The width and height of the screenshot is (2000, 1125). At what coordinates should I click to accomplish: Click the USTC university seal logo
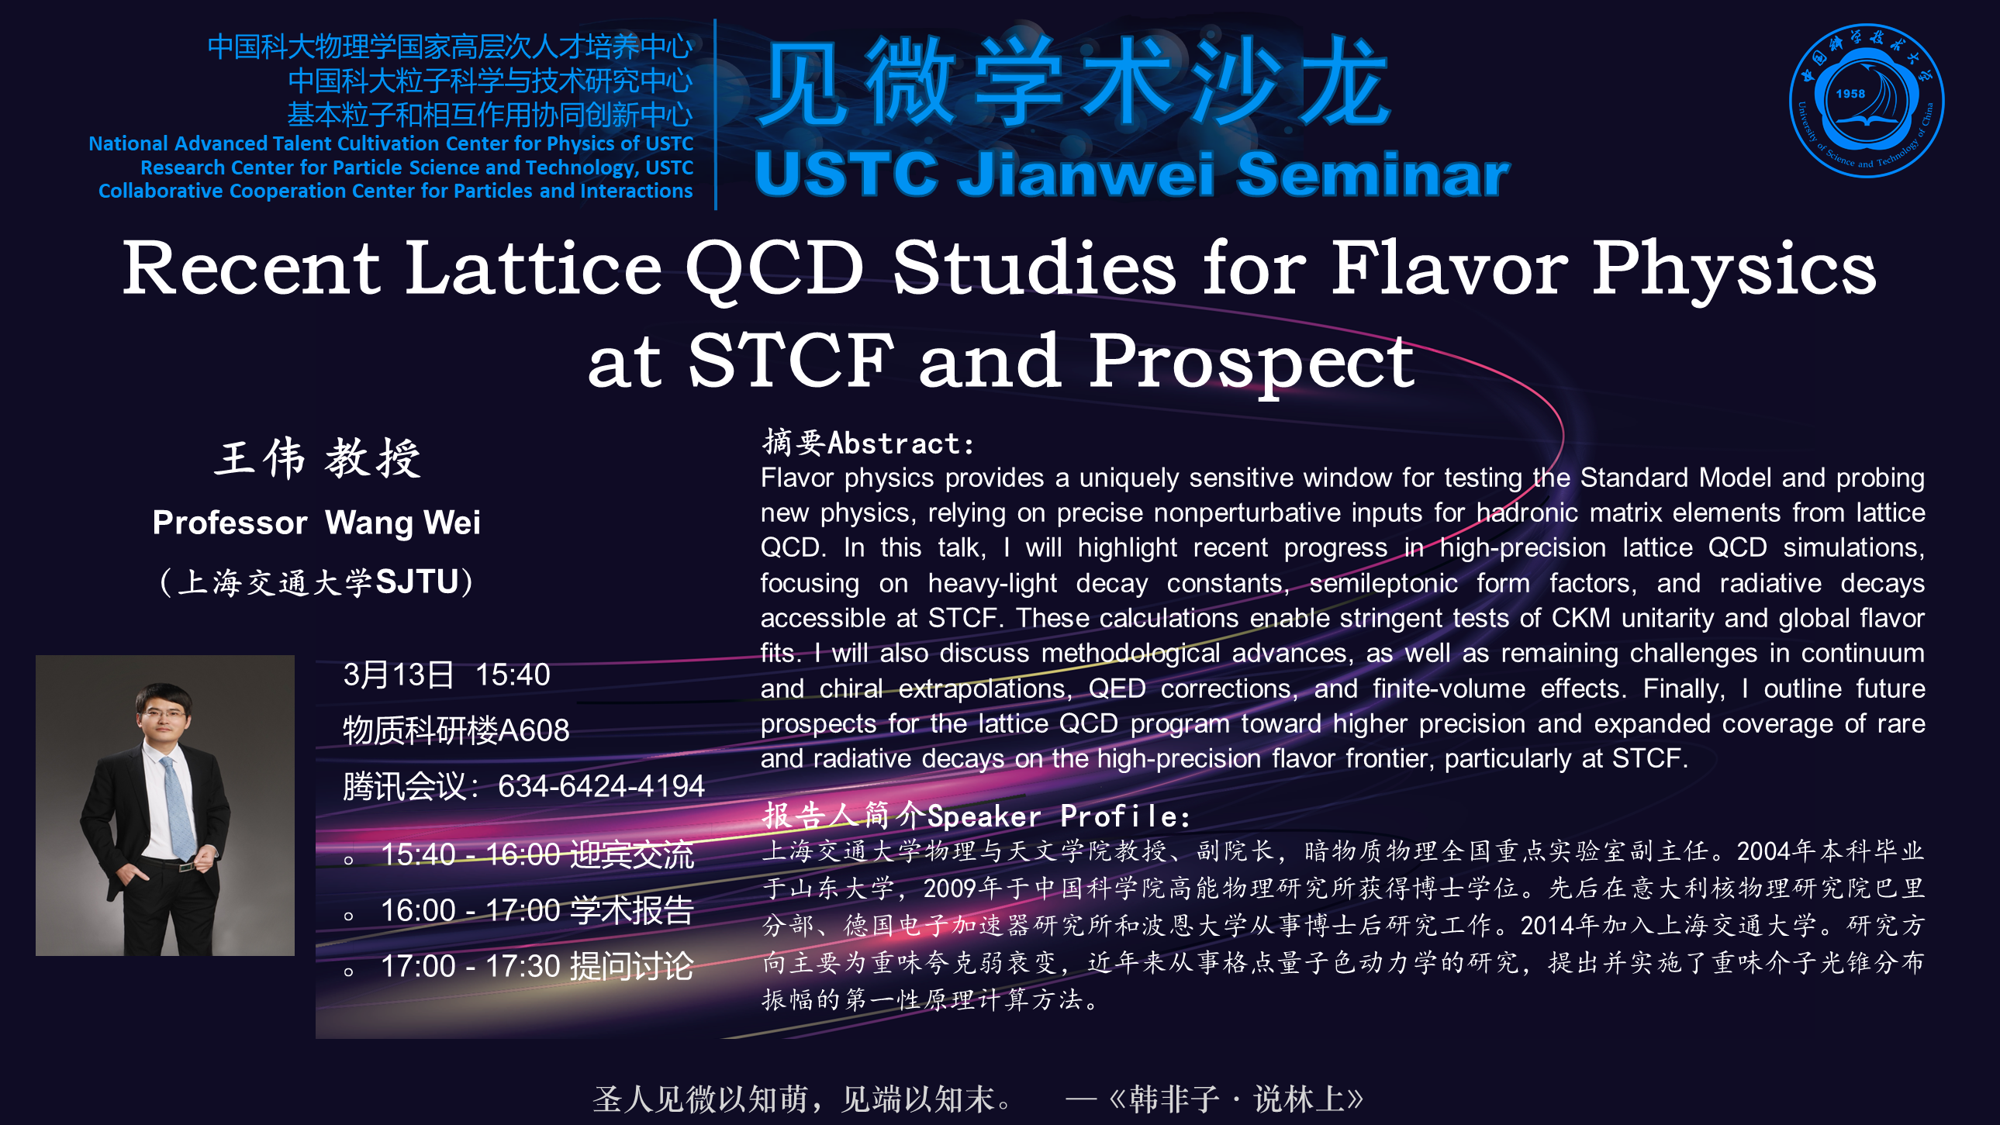(1866, 100)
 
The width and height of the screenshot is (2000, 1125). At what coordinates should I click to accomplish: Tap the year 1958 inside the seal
(1850, 94)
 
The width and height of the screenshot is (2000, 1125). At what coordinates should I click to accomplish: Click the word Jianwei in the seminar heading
(1086, 174)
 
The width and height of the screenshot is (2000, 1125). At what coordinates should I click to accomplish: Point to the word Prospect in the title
(1252, 362)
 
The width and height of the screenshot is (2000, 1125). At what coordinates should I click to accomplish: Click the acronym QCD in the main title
(774, 269)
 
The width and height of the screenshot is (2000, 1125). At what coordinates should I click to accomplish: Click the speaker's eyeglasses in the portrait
(164, 714)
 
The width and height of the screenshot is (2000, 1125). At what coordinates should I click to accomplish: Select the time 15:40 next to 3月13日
(513, 675)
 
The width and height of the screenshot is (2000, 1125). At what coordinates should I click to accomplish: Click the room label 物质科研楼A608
(457, 730)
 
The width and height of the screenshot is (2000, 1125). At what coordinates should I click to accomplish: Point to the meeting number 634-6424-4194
(601, 786)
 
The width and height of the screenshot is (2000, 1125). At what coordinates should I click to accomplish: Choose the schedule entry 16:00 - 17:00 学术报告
(537, 911)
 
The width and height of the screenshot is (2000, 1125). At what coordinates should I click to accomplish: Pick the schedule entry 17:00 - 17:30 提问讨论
(537, 967)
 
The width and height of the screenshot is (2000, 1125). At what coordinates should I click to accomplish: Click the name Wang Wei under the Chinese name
(403, 523)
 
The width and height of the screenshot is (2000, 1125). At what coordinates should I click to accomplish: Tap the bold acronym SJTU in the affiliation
(417, 582)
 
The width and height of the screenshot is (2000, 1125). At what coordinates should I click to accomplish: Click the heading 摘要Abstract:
(868, 443)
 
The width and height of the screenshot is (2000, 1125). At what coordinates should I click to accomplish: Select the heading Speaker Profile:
(1059, 816)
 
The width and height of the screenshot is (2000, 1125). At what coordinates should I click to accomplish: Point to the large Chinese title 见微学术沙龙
(1074, 81)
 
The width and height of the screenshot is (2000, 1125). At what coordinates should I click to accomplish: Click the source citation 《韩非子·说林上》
(1237, 1099)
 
